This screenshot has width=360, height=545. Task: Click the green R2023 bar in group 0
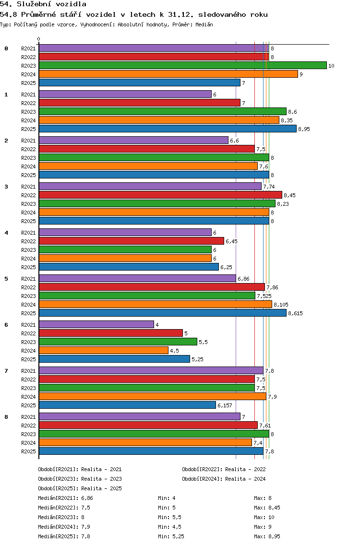click(x=183, y=65)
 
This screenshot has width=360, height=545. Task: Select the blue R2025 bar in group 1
click(x=168, y=129)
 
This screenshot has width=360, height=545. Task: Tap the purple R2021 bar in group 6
click(x=96, y=324)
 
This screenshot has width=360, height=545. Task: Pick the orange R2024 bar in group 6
click(x=104, y=350)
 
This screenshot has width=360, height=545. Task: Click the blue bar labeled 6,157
click(x=127, y=405)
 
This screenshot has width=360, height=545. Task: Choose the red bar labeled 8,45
click(x=160, y=195)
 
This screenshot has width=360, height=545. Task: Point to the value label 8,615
click(x=295, y=313)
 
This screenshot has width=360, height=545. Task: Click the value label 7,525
click(x=264, y=296)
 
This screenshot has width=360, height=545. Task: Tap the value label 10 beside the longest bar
click(x=332, y=66)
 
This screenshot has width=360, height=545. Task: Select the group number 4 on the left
click(x=6, y=233)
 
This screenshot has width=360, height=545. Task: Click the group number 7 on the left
click(x=6, y=371)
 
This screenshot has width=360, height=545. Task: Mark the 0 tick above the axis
click(x=38, y=39)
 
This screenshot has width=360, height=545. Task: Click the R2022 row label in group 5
click(x=28, y=287)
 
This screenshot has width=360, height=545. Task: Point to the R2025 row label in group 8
click(x=28, y=451)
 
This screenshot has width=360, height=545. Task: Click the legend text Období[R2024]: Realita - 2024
click(x=224, y=479)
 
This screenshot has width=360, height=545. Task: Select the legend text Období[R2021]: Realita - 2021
click(x=80, y=469)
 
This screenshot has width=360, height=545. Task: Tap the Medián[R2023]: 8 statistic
click(x=61, y=517)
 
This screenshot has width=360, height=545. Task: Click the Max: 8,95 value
click(x=267, y=536)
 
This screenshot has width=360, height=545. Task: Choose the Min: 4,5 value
click(x=170, y=527)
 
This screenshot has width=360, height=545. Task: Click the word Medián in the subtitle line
click(x=204, y=24)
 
